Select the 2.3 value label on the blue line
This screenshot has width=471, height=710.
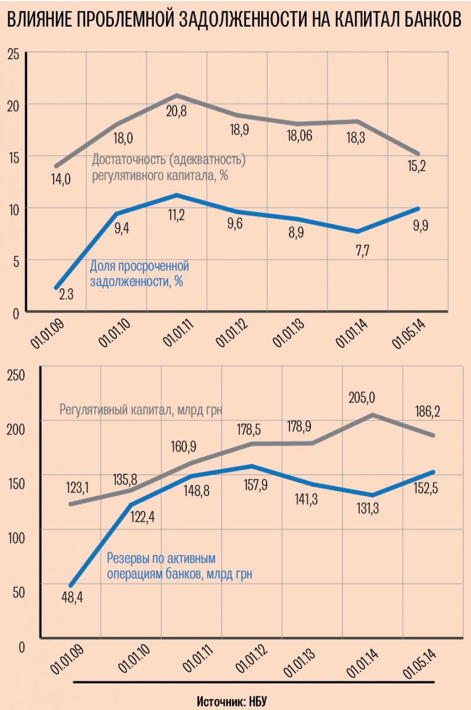pyautogui.click(x=66, y=292)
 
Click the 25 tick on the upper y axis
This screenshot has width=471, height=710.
pyautogui.click(x=14, y=55)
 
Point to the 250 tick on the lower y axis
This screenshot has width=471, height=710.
pyautogui.click(x=16, y=374)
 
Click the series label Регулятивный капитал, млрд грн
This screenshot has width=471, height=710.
pyautogui.click(x=141, y=409)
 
